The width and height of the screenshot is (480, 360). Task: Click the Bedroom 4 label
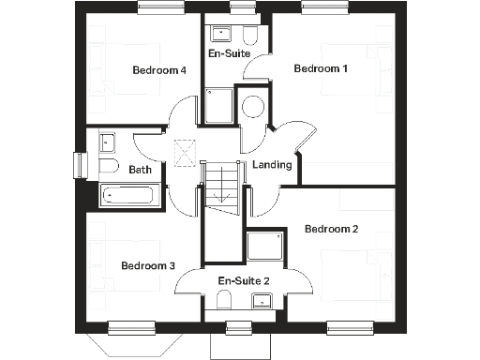pyautogui.click(x=159, y=69)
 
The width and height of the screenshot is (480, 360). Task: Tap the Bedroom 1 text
pyautogui.click(x=321, y=68)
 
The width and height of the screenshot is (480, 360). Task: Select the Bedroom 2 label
pyautogui.click(x=332, y=229)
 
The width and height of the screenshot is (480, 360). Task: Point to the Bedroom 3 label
pyautogui.click(x=148, y=266)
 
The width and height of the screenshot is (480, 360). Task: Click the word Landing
pyautogui.click(x=273, y=165)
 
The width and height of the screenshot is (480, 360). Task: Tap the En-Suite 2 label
pyautogui.click(x=244, y=281)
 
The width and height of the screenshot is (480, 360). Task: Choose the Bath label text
pyautogui.click(x=141, y=170)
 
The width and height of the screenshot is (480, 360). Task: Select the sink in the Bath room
pyautogui.click(x=107, y=144)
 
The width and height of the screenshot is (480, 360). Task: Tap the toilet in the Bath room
pyautogui.click(x=107, y=169)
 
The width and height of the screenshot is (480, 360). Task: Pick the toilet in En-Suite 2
pyautogui.click(x=224, y=299)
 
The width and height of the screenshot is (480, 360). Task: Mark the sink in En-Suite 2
pyautogui.click(x=262, y=300)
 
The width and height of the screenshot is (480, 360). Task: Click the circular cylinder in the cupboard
pyautogui.click(x=252, y=106)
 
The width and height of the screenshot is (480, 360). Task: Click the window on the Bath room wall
pyautogui.click(x=79, y=164)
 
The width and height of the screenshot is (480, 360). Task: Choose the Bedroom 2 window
pyautogui.click(x=348, y=327)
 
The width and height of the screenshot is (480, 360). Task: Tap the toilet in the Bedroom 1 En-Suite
pyautogui.click(x=248, y=36)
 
